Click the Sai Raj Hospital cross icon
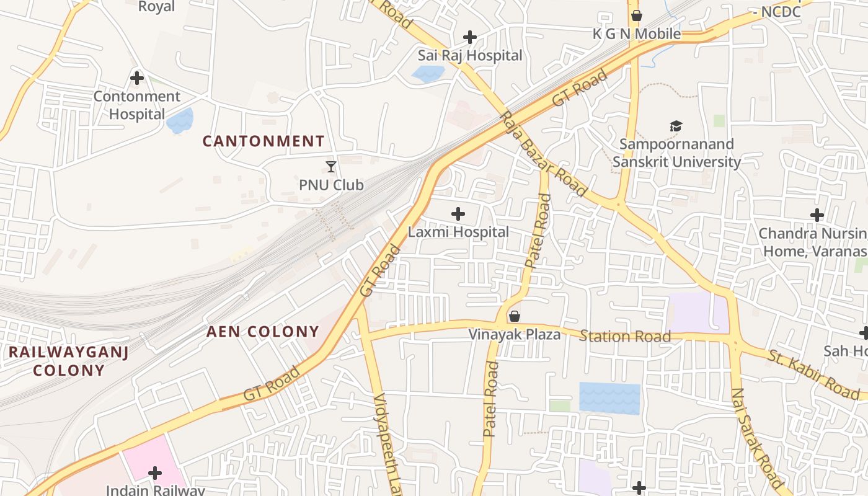(x=470, y=37)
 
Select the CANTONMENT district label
(x=263, y=141)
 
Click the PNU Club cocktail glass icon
(x=331, y=167)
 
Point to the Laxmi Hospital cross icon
(x=458, y=215)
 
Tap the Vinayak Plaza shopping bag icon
(x=514, y=316)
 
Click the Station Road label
(x=625, y=337)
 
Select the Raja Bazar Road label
(x=544, y=154)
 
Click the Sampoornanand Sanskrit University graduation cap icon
(x=676, y=126)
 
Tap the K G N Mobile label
(x=637, y=34)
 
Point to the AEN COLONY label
(x=263, y=332)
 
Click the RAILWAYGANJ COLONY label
(x=68, y=361)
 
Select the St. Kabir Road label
(x=814, y=374)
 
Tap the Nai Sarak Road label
(x=757, y=438)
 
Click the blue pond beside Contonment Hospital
(x=180, y=121)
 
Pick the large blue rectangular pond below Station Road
(x=609, y=398)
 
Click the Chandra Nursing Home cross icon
(x=817, y=215)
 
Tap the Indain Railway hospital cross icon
(x=155, y=474)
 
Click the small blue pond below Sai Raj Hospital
(x=428, y=74)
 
